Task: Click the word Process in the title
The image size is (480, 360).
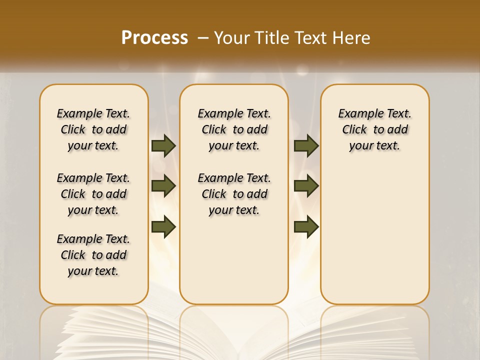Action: coord(154,38)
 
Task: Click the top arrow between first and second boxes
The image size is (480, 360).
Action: coord(163,146)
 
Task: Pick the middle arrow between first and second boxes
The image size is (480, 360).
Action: coord(163,186)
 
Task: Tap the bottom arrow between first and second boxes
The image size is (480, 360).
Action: coord(163,226)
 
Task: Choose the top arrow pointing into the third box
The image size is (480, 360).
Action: coord(306,146)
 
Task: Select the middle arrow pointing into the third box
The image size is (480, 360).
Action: coord(306,186)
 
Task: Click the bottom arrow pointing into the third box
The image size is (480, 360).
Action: coord(306,226)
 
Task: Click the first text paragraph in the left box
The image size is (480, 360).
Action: coord(93,129)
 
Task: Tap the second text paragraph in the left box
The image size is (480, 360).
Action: coord(93,194)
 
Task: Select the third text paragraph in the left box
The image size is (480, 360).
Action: coord(93,255)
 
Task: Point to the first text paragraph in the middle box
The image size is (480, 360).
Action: coord(234,129)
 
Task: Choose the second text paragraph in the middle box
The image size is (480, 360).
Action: coord(234,194)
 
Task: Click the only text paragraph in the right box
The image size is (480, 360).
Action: coord(374,129)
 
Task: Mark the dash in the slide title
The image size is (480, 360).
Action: coord(203,38)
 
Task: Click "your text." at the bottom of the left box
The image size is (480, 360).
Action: coord(93,271)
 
